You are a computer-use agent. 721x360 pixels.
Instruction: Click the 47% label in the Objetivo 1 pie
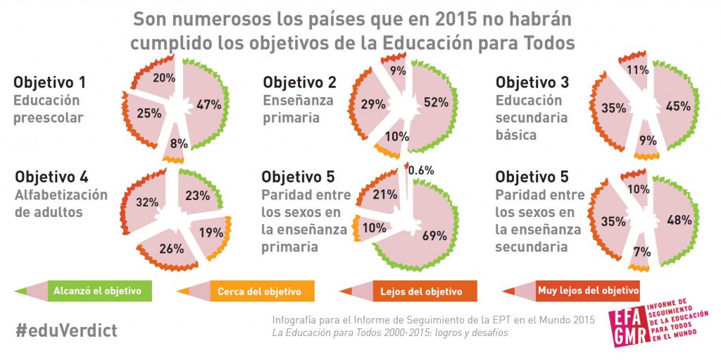pyautogui.click(x=208, y=104)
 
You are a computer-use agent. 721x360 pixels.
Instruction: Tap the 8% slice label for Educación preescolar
pyautogui.click(x=178, y=143)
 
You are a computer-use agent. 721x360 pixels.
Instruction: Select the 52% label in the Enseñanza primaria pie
pyautogui.click(x=437, y=103)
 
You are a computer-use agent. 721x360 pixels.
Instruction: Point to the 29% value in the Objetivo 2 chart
pyautogui.click(x=373, y=104)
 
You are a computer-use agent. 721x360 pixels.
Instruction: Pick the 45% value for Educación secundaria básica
pyautogui.click(x=678, y=106)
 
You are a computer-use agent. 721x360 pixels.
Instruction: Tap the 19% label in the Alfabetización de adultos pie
pyautogui.click(x=211, y=233)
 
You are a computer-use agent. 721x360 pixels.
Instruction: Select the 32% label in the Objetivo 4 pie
pyautogui.click(x=146, y=202)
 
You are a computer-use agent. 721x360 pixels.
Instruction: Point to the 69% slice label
pyautogui.click(x=434, y=236)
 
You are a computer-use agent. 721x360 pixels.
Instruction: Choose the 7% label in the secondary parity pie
pyautogui.click(x=641, y=252)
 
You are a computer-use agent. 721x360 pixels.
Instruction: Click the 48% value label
pyautogui.click(x=679, y=220)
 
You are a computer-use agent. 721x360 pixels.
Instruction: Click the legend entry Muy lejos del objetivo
pyautogui.click(x=587, y=290)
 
